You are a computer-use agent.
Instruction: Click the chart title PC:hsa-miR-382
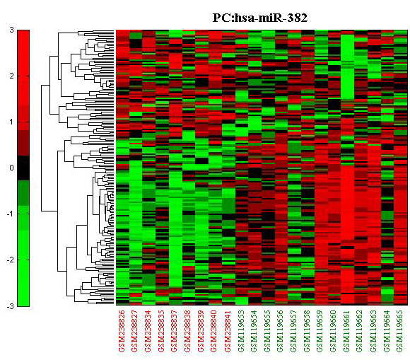260,18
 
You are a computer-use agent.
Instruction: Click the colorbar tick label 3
11,30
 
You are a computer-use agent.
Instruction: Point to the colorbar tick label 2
11,76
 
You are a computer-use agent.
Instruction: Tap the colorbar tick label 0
11,168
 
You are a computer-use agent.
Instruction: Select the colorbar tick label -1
10,214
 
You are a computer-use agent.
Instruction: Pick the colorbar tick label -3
10,306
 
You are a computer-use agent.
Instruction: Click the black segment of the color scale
23,168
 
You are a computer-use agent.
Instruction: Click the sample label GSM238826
122,331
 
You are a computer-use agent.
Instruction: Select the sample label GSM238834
148,331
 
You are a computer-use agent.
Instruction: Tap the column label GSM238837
175,331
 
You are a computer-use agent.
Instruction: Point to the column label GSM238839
201,331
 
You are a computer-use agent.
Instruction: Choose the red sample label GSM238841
227,331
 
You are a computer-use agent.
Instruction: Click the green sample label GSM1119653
240,331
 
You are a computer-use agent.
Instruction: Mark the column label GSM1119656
281,331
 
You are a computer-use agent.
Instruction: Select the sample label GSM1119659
320,331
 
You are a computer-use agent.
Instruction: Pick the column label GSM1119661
346,331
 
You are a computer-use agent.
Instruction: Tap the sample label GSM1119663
373,331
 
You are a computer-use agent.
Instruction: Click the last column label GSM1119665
399,331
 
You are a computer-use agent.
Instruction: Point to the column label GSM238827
134,331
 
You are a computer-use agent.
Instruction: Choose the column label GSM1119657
293,331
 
